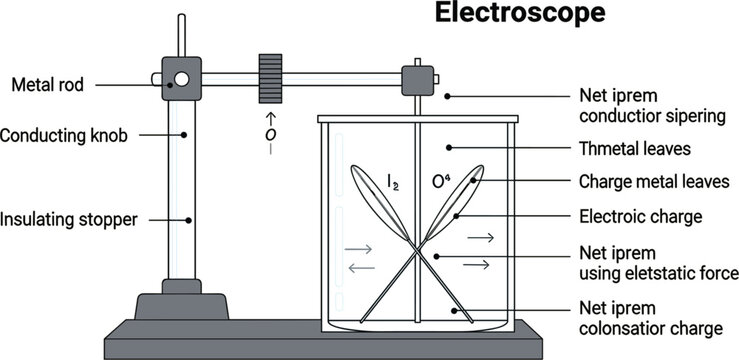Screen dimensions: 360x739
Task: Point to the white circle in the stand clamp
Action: point(181,79)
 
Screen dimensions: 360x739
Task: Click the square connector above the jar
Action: point(418,77)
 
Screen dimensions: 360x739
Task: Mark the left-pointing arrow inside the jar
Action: point(361,267)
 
